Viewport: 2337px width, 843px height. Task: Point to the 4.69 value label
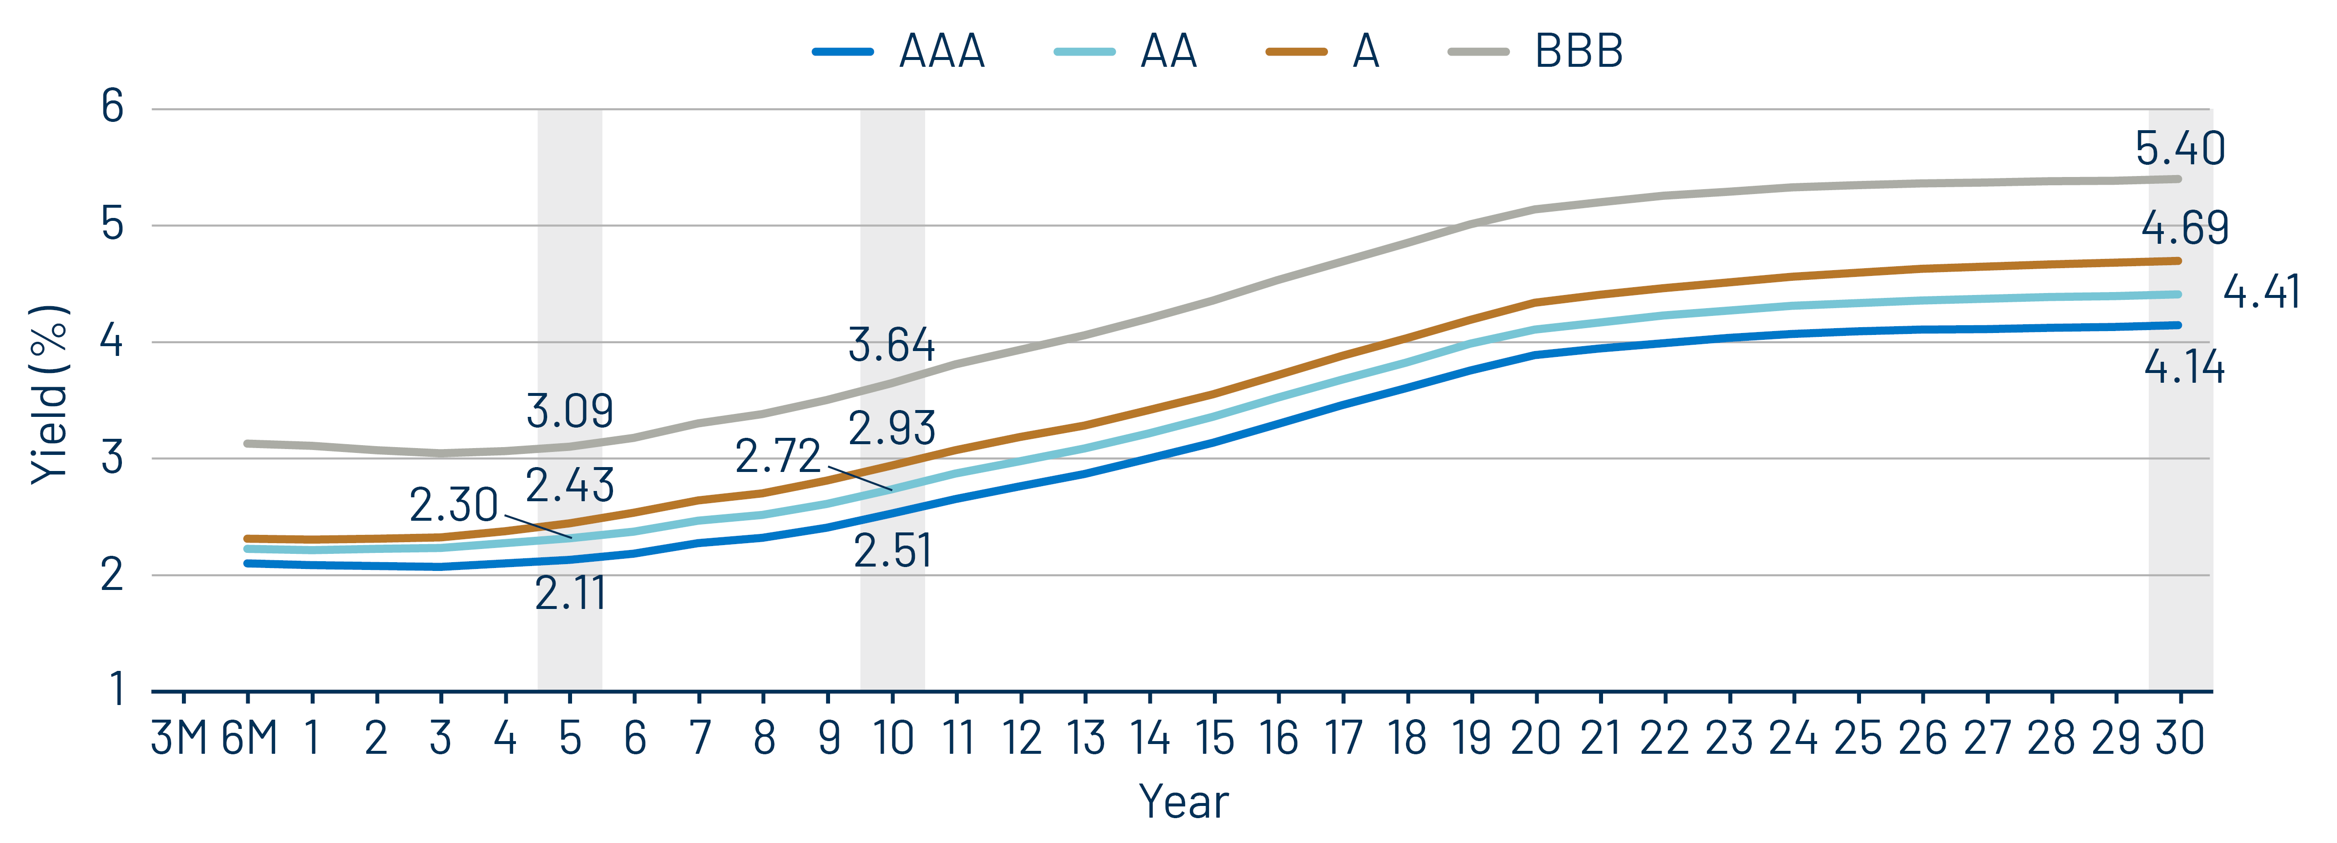coord(2184,228)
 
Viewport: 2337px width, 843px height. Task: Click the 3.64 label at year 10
coord(891,345)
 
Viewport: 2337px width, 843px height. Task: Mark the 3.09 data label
coord(570,411)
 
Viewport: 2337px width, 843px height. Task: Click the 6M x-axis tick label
coord(249,738)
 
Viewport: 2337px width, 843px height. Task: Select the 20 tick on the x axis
coord(1535,738)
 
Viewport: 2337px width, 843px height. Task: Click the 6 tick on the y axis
coord(113,107)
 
